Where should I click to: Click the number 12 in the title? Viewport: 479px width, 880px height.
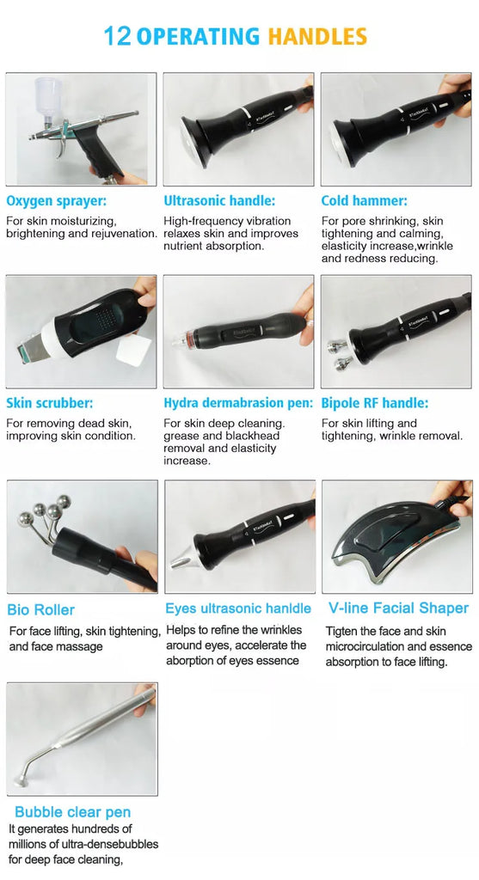point(117,36)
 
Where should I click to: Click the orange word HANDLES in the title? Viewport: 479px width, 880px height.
point(317,36)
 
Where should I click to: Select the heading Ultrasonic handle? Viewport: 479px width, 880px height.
point(219,200)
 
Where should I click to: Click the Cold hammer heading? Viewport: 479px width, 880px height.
point(365,200)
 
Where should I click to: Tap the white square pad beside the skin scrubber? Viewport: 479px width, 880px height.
point(133,351)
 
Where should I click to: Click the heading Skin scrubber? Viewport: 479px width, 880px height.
point(50,403)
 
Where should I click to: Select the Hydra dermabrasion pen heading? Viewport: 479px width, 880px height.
point(238,403)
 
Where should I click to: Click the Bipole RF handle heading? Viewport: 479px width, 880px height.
point(375,403)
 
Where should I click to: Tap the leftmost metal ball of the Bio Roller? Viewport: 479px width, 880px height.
point(25,520)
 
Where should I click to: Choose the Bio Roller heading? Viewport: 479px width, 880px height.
point(41,609)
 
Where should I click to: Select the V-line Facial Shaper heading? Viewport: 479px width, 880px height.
point(398,608)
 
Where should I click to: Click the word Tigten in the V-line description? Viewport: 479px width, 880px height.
point(342,632)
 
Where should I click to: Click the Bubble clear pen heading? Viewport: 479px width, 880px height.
point(72,812)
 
